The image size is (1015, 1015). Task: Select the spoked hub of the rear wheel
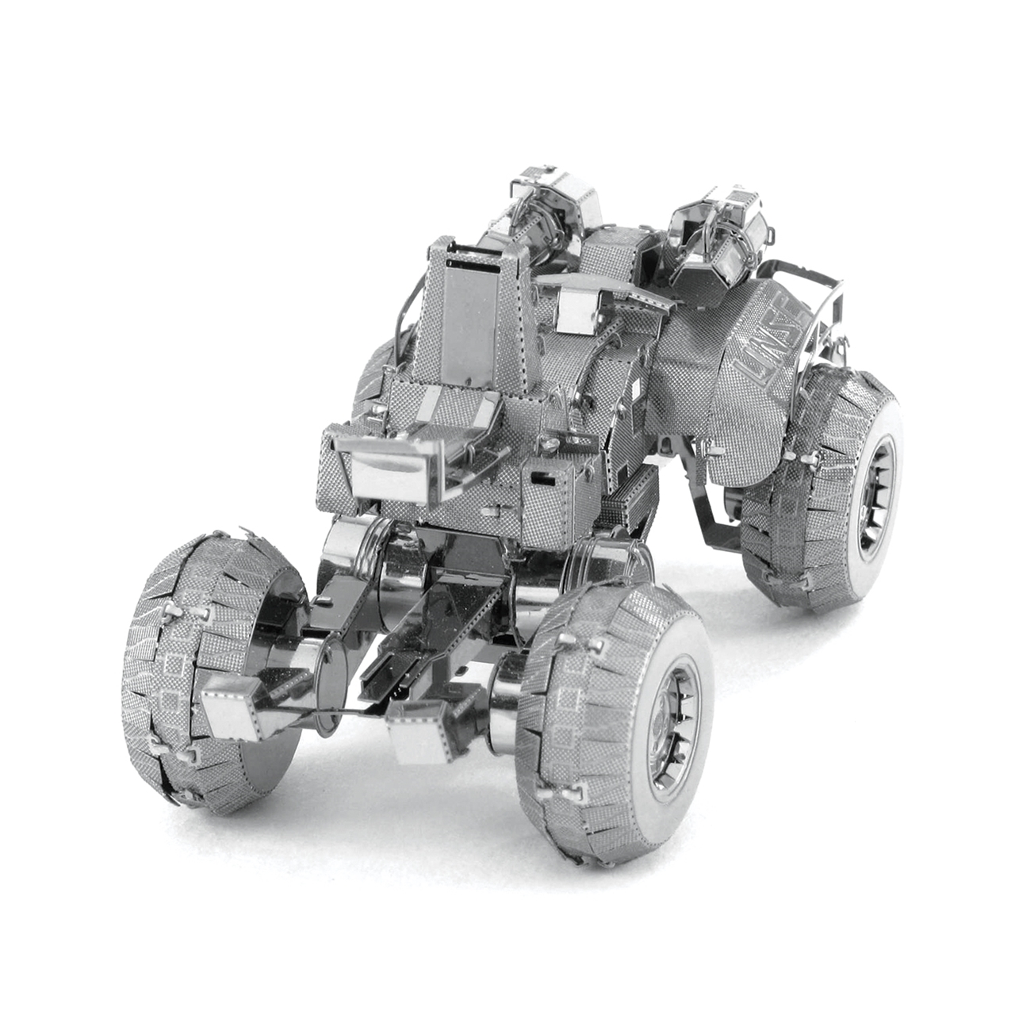876,489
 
